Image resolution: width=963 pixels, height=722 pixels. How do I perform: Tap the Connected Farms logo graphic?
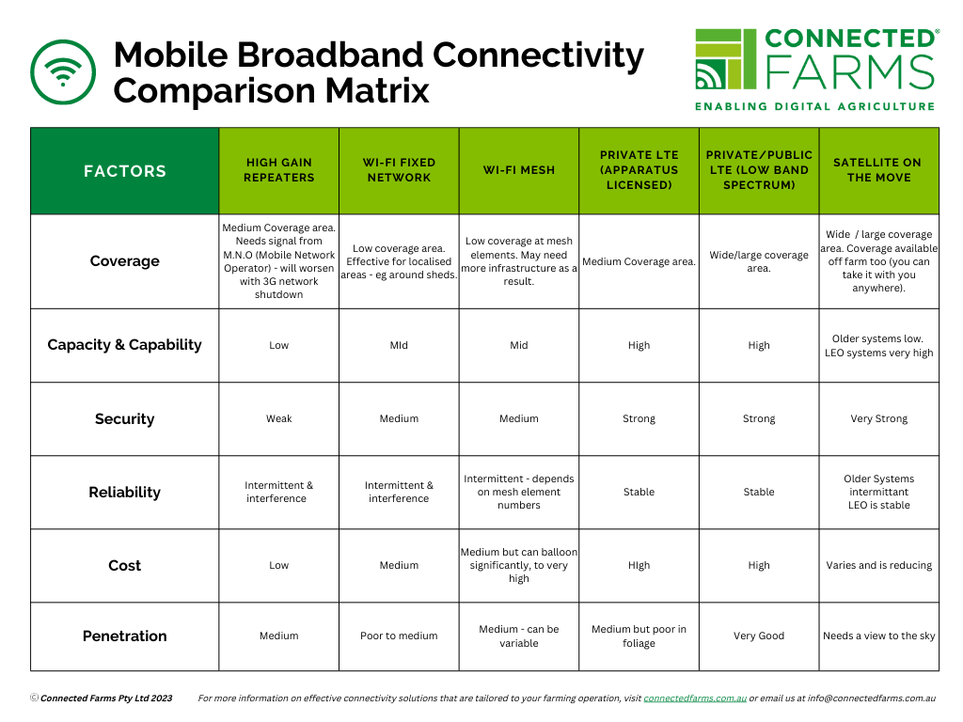[725, 59]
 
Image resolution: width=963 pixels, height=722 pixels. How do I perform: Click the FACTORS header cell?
[125, 171]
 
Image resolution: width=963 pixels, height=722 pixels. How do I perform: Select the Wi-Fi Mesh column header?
[519, 170]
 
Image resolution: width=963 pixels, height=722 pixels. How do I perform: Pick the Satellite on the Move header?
[878, 170]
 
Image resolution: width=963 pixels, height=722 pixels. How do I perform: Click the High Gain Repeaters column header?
[278, 170]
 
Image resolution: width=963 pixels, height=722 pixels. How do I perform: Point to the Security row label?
[125, 418]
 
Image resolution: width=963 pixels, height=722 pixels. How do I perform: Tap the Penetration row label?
[125, 636]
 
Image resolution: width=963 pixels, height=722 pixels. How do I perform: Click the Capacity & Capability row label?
[125, 345]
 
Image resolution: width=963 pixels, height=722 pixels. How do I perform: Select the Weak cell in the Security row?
[278, 418]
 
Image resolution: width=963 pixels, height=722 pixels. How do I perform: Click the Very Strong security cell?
[879, 418]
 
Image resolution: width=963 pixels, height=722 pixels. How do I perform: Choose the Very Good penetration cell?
[759, 636]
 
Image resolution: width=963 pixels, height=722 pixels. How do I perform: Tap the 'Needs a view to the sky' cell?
[879, 636]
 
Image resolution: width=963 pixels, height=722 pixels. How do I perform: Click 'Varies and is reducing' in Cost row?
[879, 565]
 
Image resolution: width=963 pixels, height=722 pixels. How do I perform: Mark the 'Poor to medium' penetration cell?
[399, 636]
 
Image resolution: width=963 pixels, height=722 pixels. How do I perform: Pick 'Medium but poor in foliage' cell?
[639, 636]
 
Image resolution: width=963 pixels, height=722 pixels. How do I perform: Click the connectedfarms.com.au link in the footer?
[695, 698]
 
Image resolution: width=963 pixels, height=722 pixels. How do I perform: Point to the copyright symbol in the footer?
[35, 698]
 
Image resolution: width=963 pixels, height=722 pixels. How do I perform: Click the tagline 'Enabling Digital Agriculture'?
[815, 106]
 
